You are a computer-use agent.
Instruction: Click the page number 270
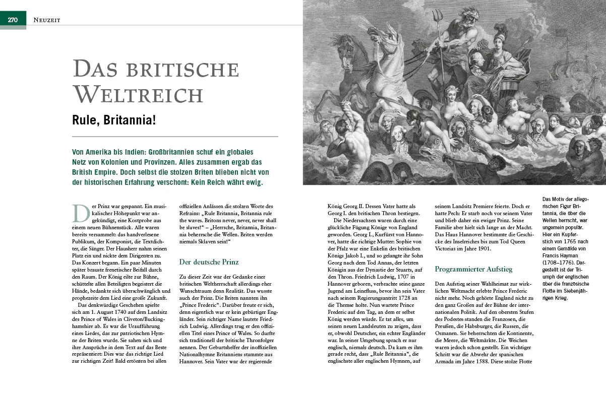[13, 20]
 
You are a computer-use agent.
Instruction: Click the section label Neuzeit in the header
[47, 20]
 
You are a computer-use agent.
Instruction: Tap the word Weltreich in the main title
[138, 94]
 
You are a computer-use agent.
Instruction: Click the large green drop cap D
[81, 213]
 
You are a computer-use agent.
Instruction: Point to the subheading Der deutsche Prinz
[209, 262]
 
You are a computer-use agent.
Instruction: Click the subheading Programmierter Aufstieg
[473, 269]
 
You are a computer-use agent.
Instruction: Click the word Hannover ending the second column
[193, 362]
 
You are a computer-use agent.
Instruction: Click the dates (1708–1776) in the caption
[560, 263]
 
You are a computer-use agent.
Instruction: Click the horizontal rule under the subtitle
[175, 137]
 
